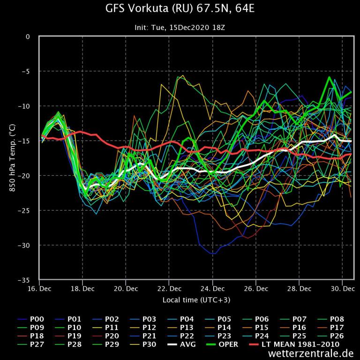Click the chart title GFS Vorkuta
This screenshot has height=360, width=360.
(x=180, y=9)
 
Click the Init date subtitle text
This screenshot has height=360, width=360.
(x=180, y=28)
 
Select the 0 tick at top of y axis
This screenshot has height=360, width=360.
(x=28, y=37)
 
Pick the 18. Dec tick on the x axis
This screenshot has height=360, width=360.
(x=82, y=289)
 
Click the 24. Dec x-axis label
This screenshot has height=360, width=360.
(x=212, y=289)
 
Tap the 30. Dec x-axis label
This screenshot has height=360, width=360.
(x=342, y=289)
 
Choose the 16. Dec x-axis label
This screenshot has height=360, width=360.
(x=39, y=289)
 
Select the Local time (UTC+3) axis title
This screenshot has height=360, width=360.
(x=196, y=300)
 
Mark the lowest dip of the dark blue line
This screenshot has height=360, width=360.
(x=214, y=254)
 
